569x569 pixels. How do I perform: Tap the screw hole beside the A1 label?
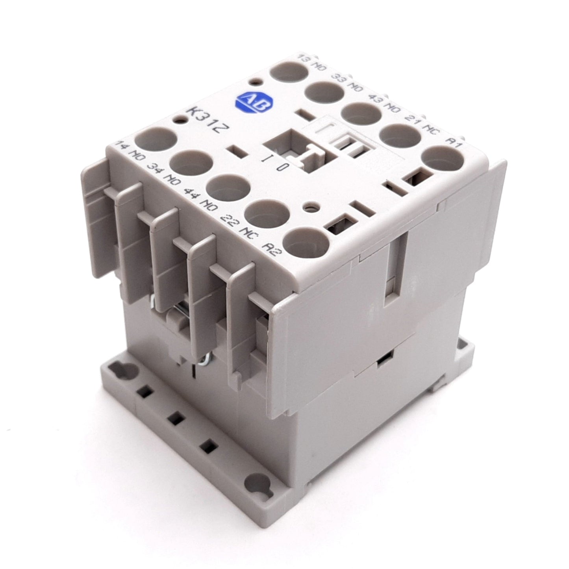click(441, 162)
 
